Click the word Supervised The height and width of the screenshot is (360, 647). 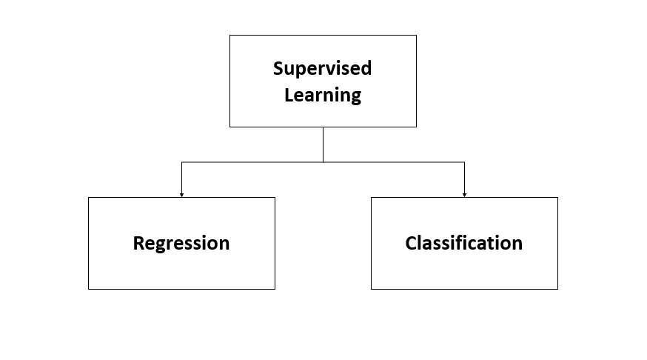[x=322, y=69]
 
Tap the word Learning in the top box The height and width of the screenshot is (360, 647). [x=323, y=96]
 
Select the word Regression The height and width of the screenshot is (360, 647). [x=181, y=243]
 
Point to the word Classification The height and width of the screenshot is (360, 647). [x=463, y=243]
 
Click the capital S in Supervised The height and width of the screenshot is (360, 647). [x=278, y=69]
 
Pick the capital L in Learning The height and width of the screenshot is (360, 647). [x=289, y=95]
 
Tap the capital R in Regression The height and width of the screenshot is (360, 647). [x=138, y=243]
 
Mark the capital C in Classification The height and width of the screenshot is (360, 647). [x=410, y=243]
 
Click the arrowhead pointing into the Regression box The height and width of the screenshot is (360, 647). [x=181, y=195]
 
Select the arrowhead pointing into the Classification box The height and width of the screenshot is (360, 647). [x=464, y=195]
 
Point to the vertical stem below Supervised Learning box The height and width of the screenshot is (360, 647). [x=323, y=144]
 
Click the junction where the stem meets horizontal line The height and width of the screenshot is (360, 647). [x=323, y=161]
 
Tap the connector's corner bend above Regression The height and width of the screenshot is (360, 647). [x=181, y=161]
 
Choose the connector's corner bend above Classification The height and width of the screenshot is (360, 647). [x=464, y=161]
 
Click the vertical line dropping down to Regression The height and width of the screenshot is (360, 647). [x=181, y=178]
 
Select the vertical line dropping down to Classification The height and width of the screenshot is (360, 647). [x=464, y=178]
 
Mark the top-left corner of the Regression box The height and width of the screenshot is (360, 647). [x=88, y=198]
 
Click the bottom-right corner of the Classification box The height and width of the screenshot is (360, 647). [x=557, y=289]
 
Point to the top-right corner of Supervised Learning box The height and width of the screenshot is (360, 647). [x=416, y=35]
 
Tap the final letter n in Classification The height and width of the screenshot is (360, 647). [x=517, y=244]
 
